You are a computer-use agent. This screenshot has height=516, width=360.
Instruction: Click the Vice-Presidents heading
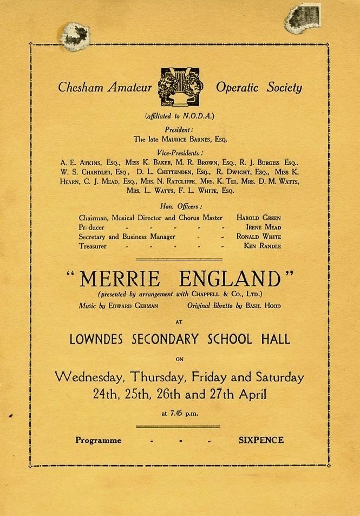(x=180, y=153)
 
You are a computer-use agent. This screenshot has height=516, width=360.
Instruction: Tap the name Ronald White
(x=258, y=237)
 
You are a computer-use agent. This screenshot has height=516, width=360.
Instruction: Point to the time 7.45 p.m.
(x=180, y=414)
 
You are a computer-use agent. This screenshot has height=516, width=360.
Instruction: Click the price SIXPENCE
(x=261, y=440)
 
